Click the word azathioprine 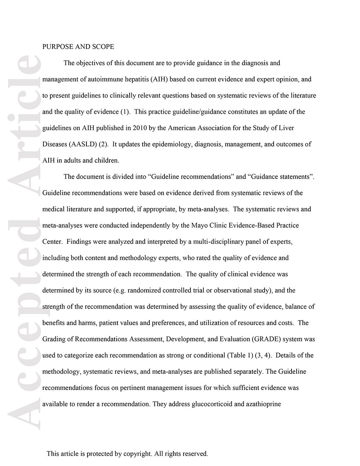tap(263, 404)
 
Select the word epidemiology tap(171, 144)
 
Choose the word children tap(107, 160)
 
